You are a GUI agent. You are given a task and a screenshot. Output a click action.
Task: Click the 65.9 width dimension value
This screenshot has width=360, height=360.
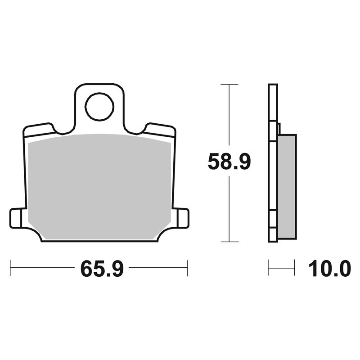point(102,269)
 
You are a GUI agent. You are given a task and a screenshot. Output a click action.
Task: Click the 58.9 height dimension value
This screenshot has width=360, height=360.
point(229,162)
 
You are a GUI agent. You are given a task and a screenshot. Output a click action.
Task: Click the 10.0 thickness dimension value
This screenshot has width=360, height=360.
point(330,269)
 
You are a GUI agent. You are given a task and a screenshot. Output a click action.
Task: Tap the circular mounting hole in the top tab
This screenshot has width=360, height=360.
point(99,107)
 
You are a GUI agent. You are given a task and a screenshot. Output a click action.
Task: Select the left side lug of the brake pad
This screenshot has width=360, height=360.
point(16,218)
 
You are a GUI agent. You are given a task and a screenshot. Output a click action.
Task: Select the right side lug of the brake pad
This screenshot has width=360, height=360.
point(183,218)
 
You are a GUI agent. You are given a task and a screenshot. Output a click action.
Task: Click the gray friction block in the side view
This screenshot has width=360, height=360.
point(287,186)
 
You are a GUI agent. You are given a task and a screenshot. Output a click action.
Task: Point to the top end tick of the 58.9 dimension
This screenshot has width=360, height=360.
point(229,85)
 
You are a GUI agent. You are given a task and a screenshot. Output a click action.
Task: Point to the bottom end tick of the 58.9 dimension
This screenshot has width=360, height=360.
point(229,242)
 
